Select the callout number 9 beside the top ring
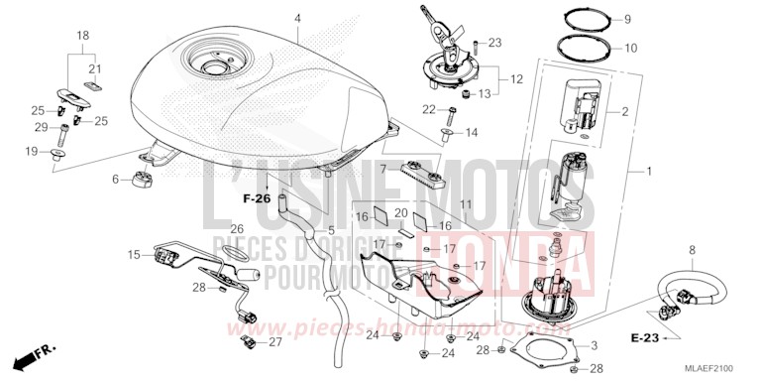655,19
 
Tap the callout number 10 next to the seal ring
658,47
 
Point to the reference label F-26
257,198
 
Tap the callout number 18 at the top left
83,35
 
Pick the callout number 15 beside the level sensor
135,255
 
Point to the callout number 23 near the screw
495,43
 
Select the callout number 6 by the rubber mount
116,179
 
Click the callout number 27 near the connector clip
275,342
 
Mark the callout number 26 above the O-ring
237,229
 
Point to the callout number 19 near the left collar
31,152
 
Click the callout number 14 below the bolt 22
472,132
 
